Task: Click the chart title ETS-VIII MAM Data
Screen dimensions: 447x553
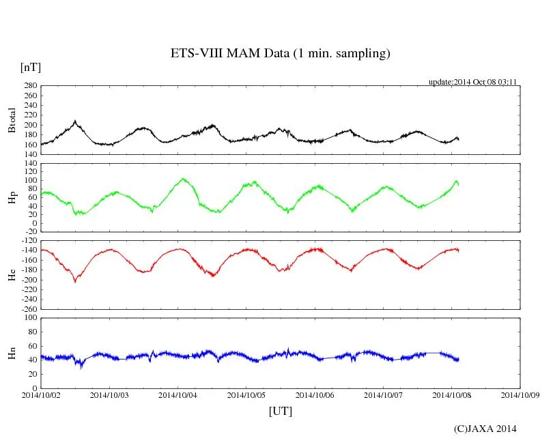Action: coord(280,54)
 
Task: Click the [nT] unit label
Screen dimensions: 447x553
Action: coord(31,68)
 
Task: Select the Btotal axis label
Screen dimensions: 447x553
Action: coord(12,120)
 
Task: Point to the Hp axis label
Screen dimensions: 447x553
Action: coord(12,198)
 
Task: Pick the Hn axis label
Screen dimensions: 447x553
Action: coord(12,353)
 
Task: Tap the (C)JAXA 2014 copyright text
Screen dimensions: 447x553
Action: coord(485,429)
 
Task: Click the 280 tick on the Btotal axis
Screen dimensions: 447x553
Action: coord(31,86)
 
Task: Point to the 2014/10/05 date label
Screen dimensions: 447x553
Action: coord(246,394)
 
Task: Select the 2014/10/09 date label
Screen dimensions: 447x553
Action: coord(520,394)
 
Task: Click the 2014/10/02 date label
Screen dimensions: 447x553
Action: coord(41,394)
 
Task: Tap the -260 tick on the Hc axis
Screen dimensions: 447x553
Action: coord(28,309)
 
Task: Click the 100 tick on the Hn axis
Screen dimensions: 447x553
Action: coord(31,317)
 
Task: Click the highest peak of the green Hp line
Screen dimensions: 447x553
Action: coord(182,179)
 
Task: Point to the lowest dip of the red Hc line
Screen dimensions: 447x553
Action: coord(75,281)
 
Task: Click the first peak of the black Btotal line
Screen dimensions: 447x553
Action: coord(75,121)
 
